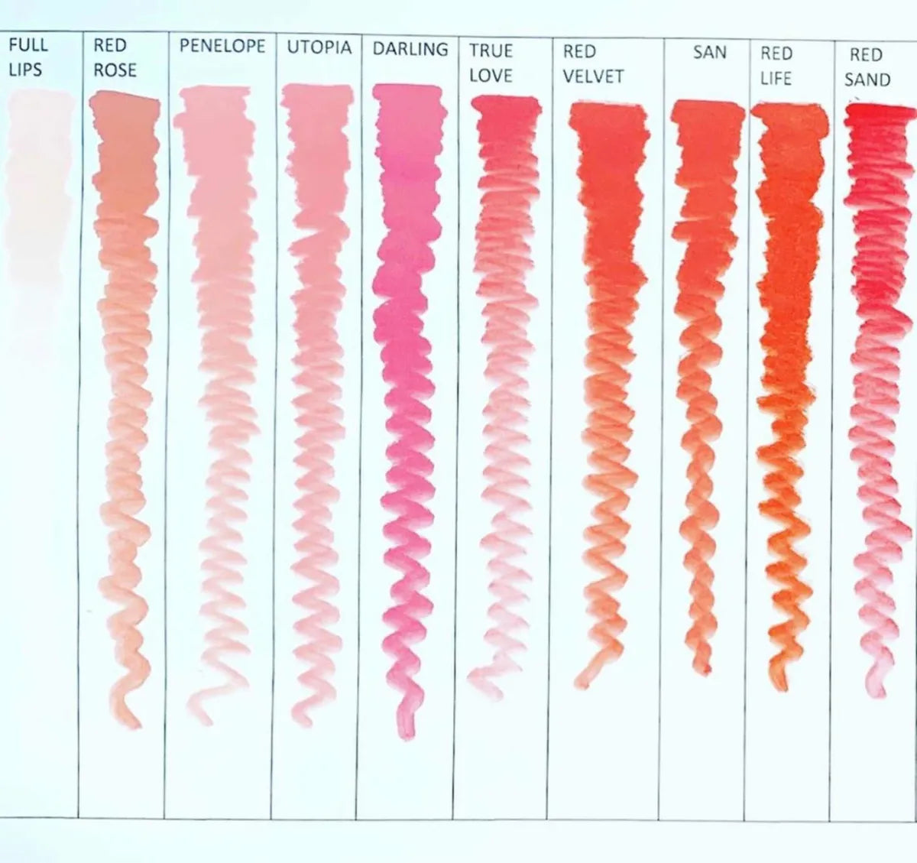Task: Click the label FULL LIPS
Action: click(x=28, y=57)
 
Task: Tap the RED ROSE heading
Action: click(x=115, y=58)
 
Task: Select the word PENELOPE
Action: click(x=222, y=46)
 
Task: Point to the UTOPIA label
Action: click(x=319, y=47)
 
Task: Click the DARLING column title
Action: click(x=410, y=49)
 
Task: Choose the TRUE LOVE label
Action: click(x=491, y=63)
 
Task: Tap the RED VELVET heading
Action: click(x=593, y=64)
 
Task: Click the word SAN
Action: click(x=710, y=53)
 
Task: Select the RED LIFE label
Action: click(x=776, y=66)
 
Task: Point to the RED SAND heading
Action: click(x=867, y=67)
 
